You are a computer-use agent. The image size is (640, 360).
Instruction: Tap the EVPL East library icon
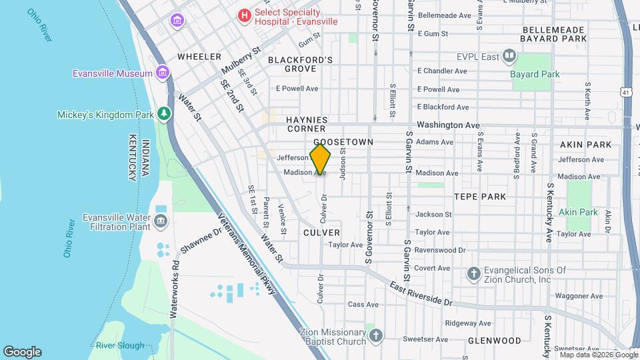510,56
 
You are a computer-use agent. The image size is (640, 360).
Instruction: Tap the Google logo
22,352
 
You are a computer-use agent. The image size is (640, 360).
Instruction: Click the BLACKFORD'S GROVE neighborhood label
300,64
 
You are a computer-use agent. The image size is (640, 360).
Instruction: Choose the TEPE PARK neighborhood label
479,197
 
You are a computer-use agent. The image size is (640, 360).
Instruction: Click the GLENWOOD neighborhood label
495,341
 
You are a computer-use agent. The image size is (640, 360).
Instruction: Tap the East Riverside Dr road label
421,294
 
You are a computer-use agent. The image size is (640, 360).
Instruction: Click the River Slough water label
120,345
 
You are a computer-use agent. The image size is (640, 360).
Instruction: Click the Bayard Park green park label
535,75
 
